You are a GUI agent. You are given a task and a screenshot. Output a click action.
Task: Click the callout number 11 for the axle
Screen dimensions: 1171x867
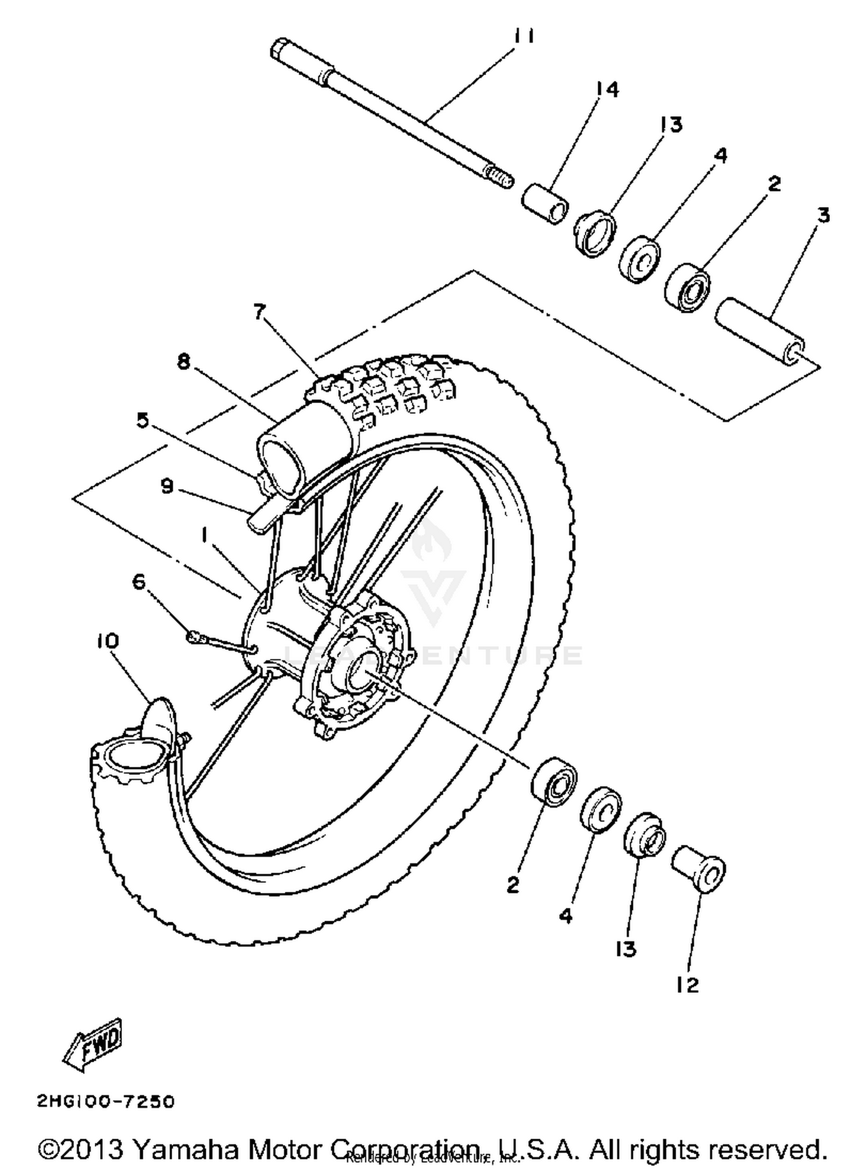tap(524, 36)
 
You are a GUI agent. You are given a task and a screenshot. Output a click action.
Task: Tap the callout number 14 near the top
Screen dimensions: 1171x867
tap(607, 89)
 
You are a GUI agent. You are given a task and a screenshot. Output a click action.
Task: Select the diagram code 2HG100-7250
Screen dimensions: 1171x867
tap(106, 1101)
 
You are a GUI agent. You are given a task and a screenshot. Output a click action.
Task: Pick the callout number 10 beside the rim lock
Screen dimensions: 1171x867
tap(108, 641)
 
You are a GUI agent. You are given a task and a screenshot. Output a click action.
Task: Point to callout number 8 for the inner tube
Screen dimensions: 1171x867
tap(184, 363)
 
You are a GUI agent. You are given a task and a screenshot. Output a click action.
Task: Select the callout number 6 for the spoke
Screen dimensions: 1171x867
tap(139, 581)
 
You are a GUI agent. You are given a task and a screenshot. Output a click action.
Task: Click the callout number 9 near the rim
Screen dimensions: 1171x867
tap(166, 486)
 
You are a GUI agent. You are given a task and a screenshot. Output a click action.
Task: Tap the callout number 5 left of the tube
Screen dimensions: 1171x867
tap(142, 420)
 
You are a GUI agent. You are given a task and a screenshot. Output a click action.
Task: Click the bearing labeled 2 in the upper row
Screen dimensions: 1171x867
tap(687, 287)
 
